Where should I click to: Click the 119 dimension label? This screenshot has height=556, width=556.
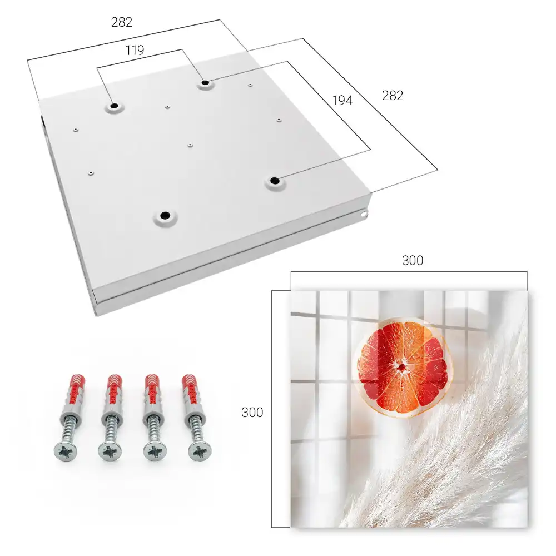tap(135, 51)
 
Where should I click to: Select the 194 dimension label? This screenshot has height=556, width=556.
tap(342, 101)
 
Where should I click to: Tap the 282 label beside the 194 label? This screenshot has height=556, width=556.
tap(393, 96)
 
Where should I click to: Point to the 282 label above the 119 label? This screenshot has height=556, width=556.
tap(122, 22)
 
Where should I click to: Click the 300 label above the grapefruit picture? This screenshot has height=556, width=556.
tap(413, 261)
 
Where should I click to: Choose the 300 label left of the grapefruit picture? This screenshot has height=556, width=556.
tap(252, 413)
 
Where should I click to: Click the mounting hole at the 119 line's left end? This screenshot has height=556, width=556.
tap(114, 106)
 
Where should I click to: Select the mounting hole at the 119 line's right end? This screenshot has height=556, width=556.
tap(205, 83)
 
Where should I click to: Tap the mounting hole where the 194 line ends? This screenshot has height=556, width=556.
tap(274, 181)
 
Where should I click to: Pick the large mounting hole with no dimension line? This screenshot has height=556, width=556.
tap(165, 215)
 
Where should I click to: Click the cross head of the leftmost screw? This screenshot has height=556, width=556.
tap(66, 451)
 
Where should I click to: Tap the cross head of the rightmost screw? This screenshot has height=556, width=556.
tap(200, 452)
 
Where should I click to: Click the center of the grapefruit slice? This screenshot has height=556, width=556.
tap(401, 367)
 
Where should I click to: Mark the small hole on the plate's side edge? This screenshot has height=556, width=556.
tap(364, 214)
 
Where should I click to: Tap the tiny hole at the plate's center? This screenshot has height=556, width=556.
tap(190, 145)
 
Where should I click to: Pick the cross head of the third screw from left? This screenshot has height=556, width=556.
tap(155, 451)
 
